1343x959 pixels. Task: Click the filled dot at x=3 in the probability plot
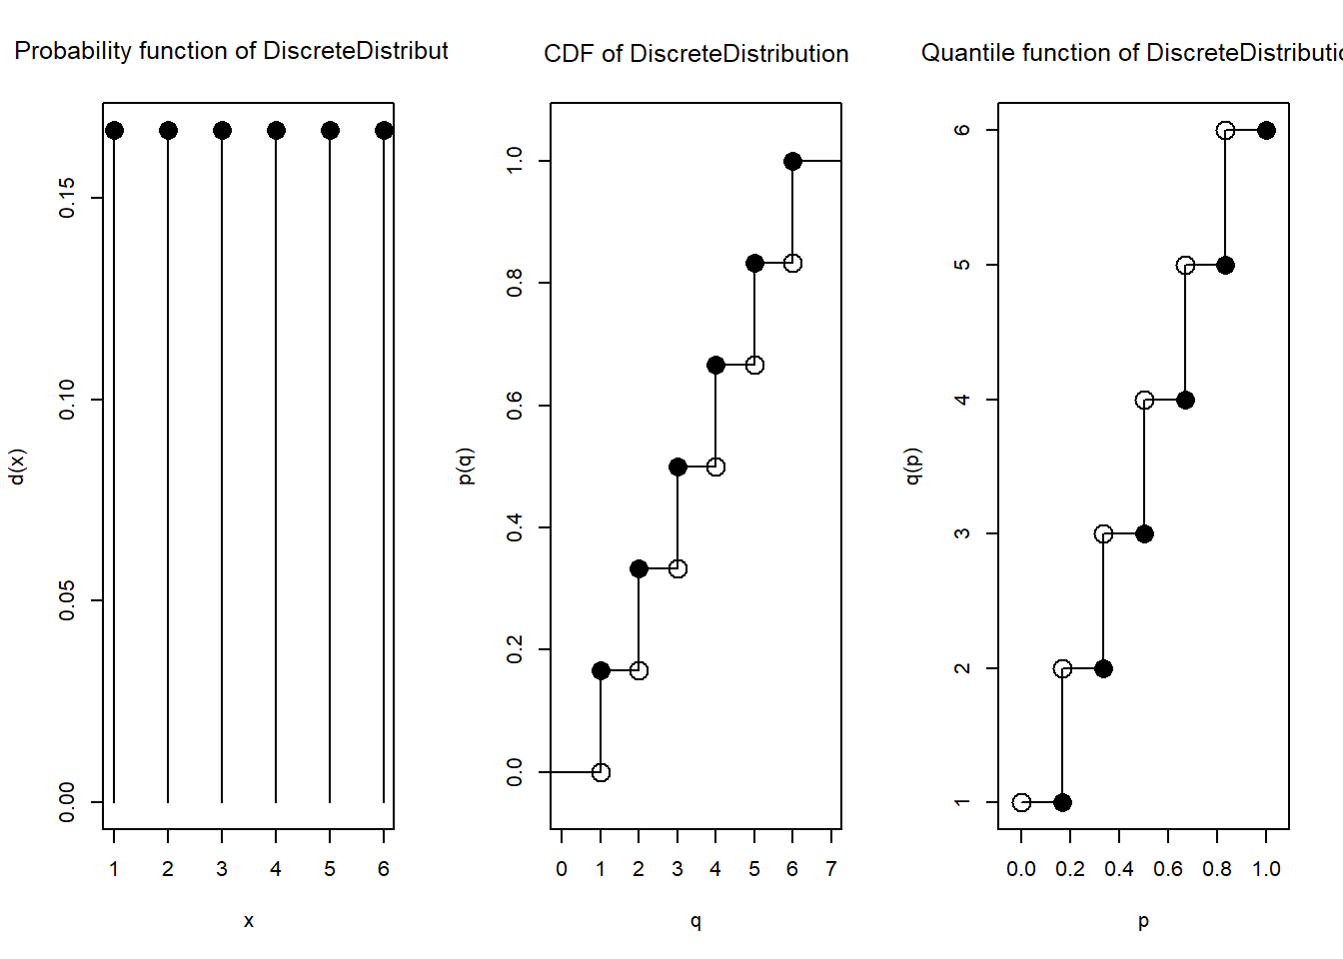click(222, 131)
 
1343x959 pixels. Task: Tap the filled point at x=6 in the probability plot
click(384, 131)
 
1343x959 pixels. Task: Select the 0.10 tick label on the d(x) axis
click(67, 400)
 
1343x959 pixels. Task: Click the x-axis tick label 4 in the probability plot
click(276, 869)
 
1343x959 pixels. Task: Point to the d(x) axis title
click(17, 467)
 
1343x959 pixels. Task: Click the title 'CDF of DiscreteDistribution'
click(695, 54)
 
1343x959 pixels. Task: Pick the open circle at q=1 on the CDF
click(601, 772)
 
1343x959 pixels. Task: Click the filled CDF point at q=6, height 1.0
click(792, 161)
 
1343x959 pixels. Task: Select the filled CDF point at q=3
click(677, 467)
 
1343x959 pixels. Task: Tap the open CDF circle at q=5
click(754, 366)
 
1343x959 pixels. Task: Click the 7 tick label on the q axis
click(831, 869)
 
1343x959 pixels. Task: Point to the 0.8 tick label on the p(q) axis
click(515, 283)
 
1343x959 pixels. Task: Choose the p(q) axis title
click(465, 467)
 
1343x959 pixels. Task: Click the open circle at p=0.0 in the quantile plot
click(1021, 802)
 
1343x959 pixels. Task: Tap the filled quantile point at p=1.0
click(1266, 131)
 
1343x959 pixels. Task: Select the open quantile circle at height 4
click(1144, 400)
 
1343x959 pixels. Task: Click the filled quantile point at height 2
click(1103, 668)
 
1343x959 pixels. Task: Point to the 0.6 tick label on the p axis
click(1168, 869)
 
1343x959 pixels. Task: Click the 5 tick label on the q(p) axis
click(962, 265)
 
